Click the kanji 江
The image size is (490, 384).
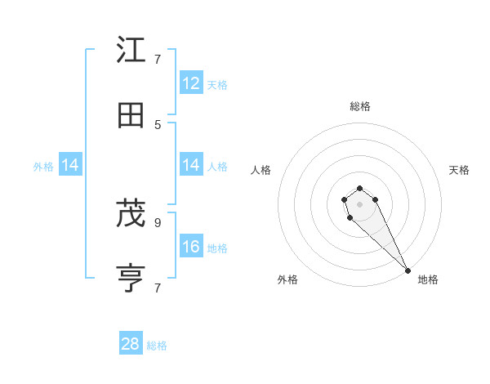click(131, 50)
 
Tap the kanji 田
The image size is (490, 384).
click(131, 116)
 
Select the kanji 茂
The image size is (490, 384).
click(131, 214)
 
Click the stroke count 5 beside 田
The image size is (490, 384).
click(158, 124)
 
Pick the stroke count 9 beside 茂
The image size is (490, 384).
click(158, 221)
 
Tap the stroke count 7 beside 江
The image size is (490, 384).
click(158, 59)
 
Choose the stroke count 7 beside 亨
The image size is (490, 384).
click(158, 288)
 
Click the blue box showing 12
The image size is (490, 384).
click(191, 83)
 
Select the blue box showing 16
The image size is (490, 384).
click(191, 247)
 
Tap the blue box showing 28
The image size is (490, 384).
click(131, 344)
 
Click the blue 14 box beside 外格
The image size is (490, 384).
click(69, 165)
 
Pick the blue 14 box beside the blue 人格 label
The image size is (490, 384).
click(191, 165)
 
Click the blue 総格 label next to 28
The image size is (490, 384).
click(157, 346)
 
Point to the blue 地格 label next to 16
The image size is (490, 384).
click(217, 248)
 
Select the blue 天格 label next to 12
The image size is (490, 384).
click(217, 84)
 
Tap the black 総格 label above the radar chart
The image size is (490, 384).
click(359, 106)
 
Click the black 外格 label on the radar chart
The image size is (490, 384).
click(287, 279)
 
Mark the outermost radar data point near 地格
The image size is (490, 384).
click(408, 270)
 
